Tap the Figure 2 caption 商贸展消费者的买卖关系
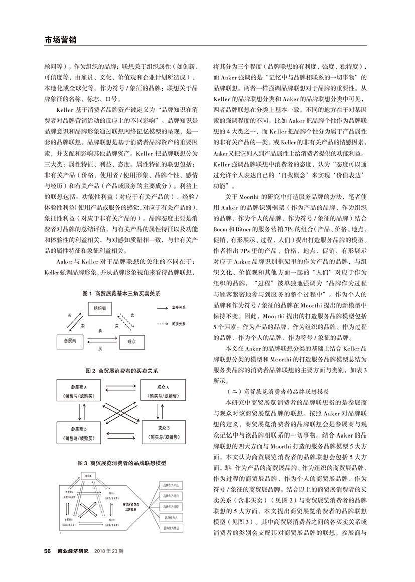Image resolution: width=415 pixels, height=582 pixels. point(122,371)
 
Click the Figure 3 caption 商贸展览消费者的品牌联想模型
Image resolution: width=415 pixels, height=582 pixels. point(122,463)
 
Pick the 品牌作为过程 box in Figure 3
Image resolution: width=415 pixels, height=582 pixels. point(168,506)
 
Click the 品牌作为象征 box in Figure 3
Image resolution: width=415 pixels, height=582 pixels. point(168,528)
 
